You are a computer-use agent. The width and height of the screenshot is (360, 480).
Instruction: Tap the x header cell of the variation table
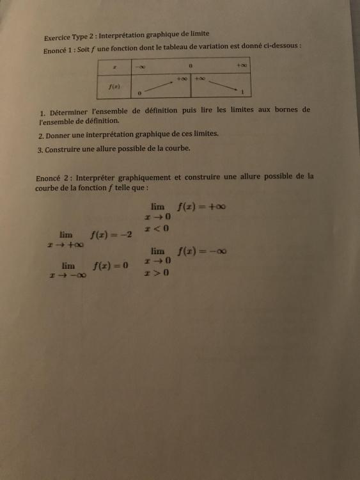pos(114,67)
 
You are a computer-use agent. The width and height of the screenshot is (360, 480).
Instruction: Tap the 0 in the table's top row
pos(191,66)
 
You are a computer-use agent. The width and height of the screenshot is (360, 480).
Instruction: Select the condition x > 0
pos(157,273)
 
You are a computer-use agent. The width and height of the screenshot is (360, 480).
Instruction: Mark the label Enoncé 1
pos(58,49)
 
